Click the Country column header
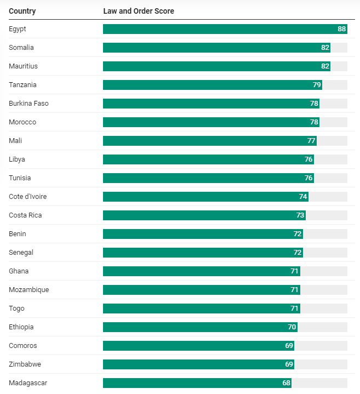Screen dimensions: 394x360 pyautogui.click(x=22, y=11)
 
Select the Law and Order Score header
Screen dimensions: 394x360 pyautogui.click(x=139, y=11)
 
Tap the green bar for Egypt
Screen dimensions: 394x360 pyautogui.click(x=219, y=29)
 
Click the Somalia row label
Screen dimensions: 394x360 pyautogui.click(x=21, y=48)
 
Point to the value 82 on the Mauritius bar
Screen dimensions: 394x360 pyautogui.click(x=325, y=66)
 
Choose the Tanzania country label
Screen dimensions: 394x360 pyautogui.click(x=23, y=85)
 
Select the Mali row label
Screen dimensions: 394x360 pyautogui.click(x=15, y=141)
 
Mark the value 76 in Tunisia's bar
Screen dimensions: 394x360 pyautogui.click(x=308, y=178)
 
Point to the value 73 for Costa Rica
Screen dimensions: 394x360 pyautogui.click(x=300, y=215)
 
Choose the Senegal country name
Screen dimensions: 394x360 pyautogui.click(x=21, y=253)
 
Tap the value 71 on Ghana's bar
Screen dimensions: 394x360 pyautogui.click(x=294, y=271)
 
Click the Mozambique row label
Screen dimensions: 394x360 pyautogui.click(x=29, y=290)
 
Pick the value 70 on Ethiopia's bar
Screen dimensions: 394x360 pyautogui.click(x=292, y=327)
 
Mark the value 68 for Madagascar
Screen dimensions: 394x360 pyautogui.click(x=286, y=383)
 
